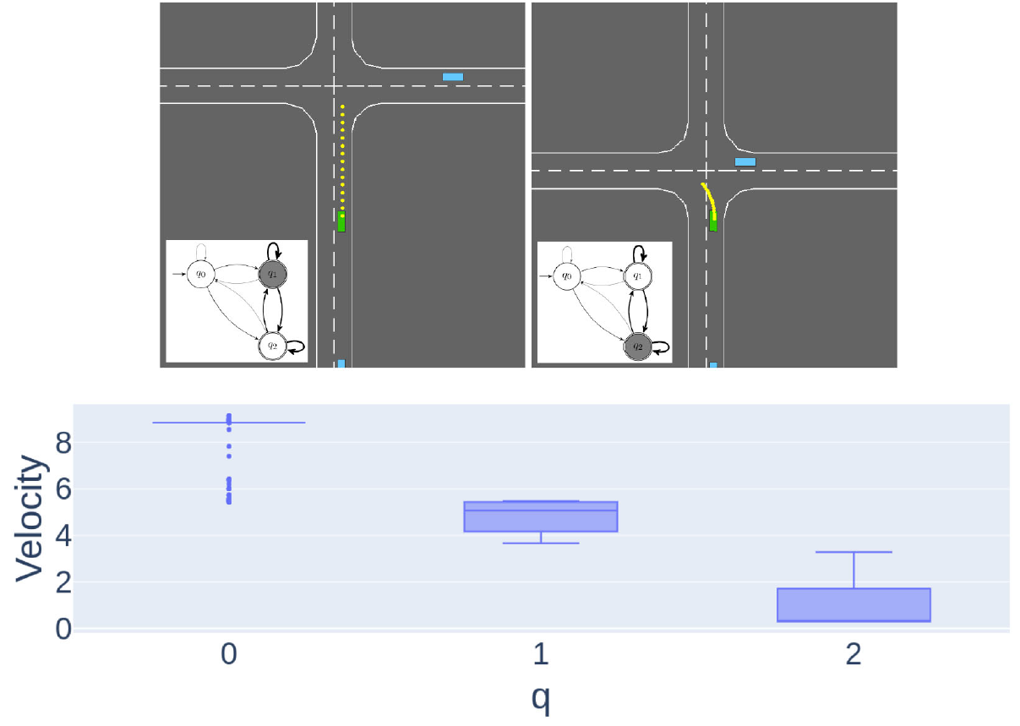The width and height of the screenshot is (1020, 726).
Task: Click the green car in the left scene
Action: [341, 221]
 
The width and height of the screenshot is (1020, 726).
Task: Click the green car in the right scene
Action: [712, 222]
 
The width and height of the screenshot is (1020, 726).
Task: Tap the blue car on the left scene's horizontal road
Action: [453, 77]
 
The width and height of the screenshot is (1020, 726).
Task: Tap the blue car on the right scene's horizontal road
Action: [745, 161]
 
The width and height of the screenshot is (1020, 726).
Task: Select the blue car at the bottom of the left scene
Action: [341, 363]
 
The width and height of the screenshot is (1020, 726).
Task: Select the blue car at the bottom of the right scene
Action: [713, 364]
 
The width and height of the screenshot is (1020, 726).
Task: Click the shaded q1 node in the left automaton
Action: [271, 273]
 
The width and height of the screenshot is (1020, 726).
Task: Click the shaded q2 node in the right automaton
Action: [638, 346]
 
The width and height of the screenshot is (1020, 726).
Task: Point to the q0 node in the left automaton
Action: [201, 273]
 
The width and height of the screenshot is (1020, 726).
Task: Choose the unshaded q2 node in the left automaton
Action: [271, 344]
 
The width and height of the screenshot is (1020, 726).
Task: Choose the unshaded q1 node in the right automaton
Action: [638, 275]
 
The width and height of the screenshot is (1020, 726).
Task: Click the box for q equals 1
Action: [541, 516]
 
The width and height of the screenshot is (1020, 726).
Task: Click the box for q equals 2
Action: [854, 604]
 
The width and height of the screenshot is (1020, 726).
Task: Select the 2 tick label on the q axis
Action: [854, 655]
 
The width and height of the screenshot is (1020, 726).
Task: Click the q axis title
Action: [541, 699]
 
